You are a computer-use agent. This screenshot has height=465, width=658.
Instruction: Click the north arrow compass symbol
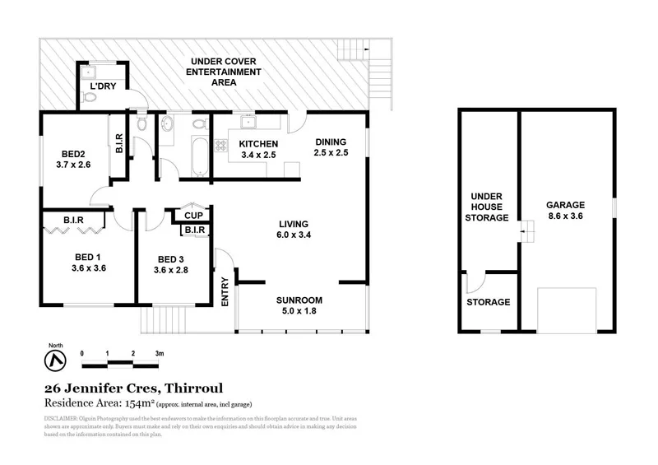pyautogui.click(x=54, y=359)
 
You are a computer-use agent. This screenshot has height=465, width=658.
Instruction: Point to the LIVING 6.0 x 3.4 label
pyautogui.click(x=293, y=230)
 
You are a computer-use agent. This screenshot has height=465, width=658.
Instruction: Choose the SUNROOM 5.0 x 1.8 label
pyautogui.click(x=299, y=305)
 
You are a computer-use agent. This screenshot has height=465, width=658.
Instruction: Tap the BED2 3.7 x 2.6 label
pyautogui.click(x=74, y=159)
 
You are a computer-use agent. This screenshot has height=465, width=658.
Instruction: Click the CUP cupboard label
pyautogui.click(x=193, y=216)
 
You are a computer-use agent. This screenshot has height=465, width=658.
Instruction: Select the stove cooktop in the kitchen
pyautogui.click(x=221, y=146)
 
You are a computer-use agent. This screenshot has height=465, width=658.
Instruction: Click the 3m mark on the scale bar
pyautogui.click(x=159, y=353)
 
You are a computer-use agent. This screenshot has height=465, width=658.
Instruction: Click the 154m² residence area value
pyautogui.click(x=137, y=402)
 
